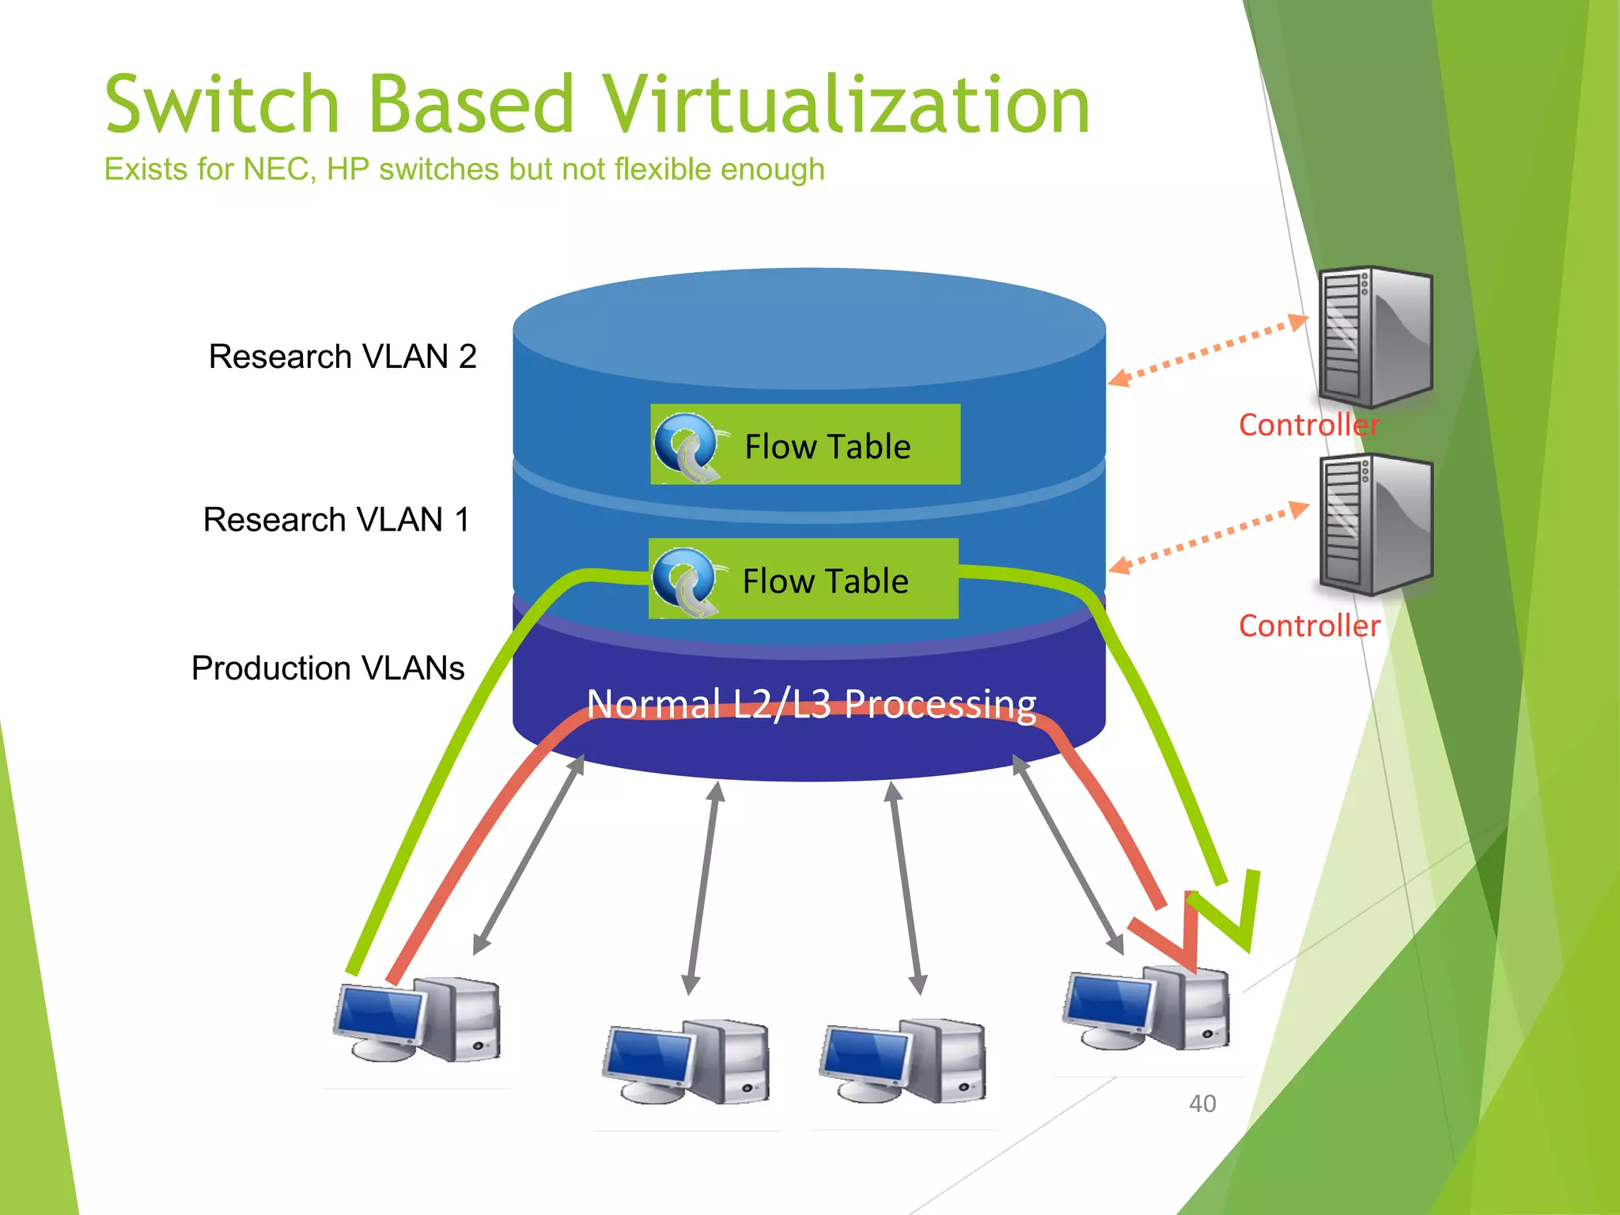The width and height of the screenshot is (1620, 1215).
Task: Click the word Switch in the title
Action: (x=222, y=105)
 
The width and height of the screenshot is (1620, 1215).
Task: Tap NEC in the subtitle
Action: (x=278, y=169)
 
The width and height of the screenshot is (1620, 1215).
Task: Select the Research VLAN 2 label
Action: (x=343, y=357)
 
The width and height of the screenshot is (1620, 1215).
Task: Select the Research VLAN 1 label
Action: (x=337, y=520)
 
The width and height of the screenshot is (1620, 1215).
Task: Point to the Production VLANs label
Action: (x=327, y=668)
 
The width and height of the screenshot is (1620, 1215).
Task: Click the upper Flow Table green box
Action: (x=805, y=445)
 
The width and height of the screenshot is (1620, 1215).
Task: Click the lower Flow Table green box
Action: (x=804, y=579)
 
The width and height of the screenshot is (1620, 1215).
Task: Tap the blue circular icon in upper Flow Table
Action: (x=684, y=445)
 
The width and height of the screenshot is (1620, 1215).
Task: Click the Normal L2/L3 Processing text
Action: (x=811, y=703)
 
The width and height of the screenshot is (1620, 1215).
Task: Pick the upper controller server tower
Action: (x=1375, y=337)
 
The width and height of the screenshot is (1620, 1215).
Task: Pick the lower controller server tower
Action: (x=1375, y=525)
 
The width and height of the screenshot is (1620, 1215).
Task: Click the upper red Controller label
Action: (x=1308, y=426)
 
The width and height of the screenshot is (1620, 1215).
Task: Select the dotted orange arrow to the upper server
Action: (x=1208, y=350)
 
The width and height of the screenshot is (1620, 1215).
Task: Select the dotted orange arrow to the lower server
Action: (x=1208, y=538)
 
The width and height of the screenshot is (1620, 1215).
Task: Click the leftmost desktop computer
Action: (x=418, y=1020)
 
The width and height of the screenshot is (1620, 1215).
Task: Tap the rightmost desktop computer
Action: (x=1147, y=1009)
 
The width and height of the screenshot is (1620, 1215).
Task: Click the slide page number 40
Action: (x=1202, y=1103)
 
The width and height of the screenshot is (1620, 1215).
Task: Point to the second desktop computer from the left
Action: (x=686, y=1062)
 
